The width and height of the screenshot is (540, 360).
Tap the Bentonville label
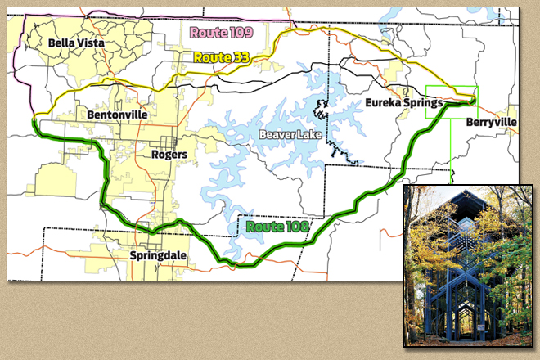[117, 115]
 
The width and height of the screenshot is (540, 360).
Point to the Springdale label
[158, 255]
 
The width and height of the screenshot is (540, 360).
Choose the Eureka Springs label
[404, 103]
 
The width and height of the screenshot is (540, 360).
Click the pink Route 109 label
[220, 33]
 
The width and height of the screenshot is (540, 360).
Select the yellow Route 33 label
[220, 58]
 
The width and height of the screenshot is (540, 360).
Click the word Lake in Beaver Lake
[309, 133]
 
